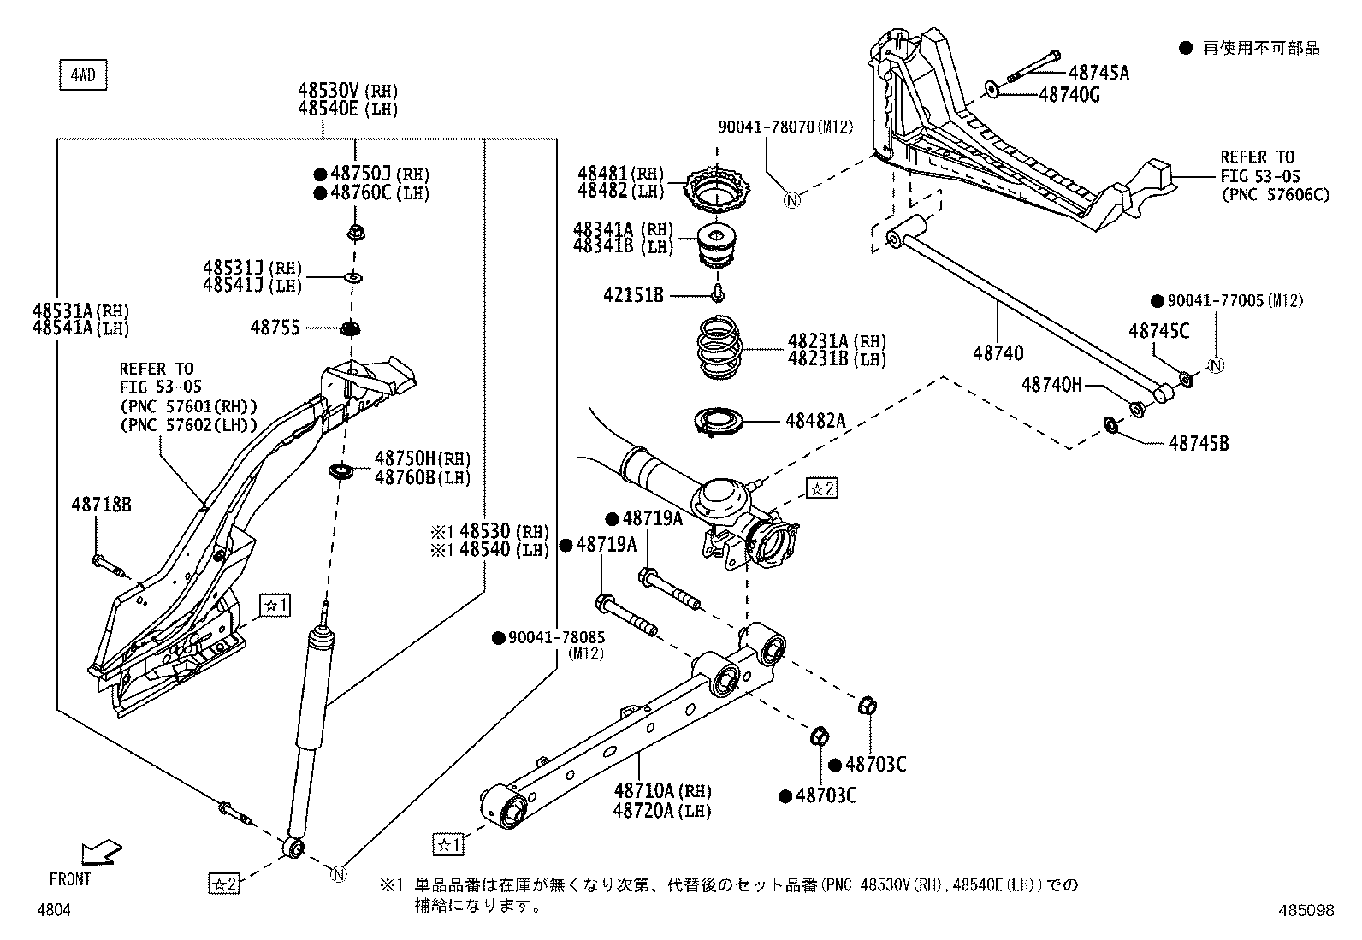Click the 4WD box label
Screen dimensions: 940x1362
pyautogui.click(x=83, y=76)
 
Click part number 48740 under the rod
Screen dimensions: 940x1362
pyautogui.click(x=998, y=352)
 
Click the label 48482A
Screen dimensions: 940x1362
pyautogui.click(x=815, y=421)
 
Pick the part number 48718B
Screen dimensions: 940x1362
pyautogui.click(x=101, y=505)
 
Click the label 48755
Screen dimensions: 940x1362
pyautogui.click(x=275, y=327)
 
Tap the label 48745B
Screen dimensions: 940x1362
pyautogui.click(x=1199, y=443)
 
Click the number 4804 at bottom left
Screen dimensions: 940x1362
pyautogui.click(x=54, y=911)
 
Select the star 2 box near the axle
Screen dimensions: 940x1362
pyautogui.click(x=822, y=488)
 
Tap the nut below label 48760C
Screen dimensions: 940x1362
pyautogui.click(x=355, y=232)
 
